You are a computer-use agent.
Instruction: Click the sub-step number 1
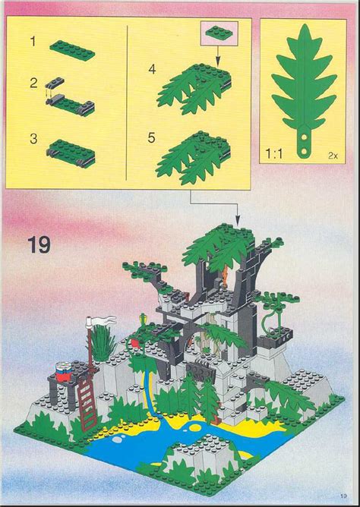pyautogui.click(x=33, y=43)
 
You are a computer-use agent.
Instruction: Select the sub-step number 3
pyautogui.click(x=33, y=138)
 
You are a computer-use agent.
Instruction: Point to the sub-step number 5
pyautogui.click(x=151, y=139)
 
